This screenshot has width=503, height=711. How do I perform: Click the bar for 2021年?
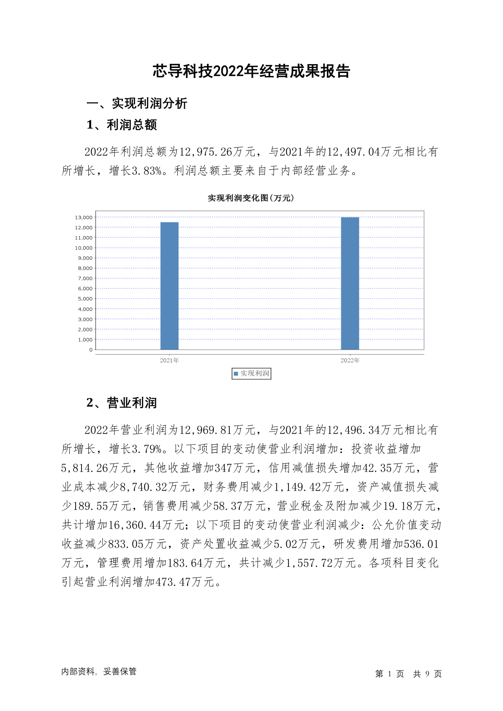[169, 286]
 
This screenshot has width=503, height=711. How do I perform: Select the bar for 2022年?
[350, 283]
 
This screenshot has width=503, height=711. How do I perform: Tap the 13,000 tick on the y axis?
[83, 217]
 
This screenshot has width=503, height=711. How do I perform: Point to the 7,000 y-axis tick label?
[85, 279]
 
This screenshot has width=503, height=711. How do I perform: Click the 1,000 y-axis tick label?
[85, 340]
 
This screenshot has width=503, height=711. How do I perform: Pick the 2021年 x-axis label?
[169, 361]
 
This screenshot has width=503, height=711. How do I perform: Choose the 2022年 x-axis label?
[350, 361]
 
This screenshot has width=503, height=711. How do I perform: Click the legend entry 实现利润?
[251, 374]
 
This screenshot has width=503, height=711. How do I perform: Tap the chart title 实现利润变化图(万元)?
[251, 198]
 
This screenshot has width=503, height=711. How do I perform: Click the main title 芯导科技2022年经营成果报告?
[251, 71]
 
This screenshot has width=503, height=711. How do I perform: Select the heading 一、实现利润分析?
[137, 103]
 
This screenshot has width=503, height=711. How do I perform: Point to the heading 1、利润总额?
[122, 125]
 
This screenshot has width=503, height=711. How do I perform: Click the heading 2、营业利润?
[122, 403]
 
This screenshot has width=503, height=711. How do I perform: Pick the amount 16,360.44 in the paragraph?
[135, 525]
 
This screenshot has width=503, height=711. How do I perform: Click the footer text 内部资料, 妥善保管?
[99, 672]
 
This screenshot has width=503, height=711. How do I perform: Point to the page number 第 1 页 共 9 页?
[408, 674]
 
